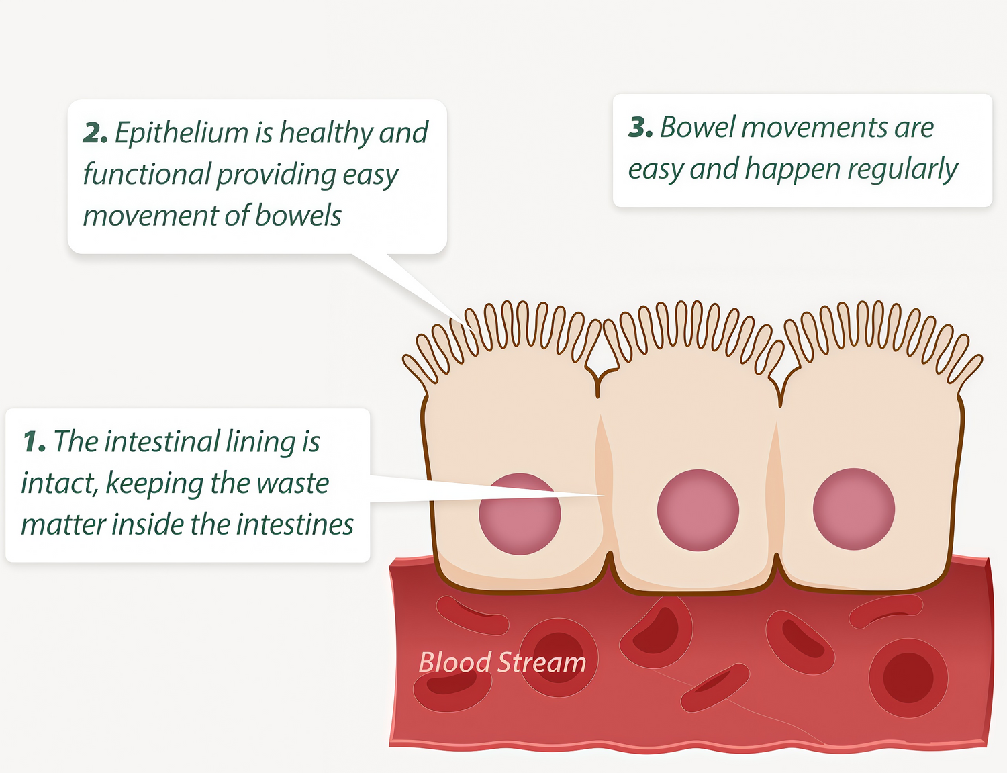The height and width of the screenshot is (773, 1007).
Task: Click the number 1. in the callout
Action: tap(34, 442)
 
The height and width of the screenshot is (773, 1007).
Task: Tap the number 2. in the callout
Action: tap(95, 133)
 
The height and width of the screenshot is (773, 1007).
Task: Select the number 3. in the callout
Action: tap(640, 128)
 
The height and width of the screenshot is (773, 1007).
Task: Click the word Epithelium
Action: tap(181, 133)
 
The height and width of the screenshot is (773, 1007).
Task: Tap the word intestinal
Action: tap(162, 442)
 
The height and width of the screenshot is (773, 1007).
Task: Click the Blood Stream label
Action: tap(502, 662)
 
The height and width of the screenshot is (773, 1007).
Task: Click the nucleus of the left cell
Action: tap(520, 514)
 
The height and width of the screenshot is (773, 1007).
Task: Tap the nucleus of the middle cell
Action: tap(698, 510)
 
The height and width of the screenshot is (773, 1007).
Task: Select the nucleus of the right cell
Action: tap(854, 508)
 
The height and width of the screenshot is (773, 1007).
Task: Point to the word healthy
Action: tap(326, 133)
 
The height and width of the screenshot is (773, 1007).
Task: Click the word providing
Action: tap(276, 175)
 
